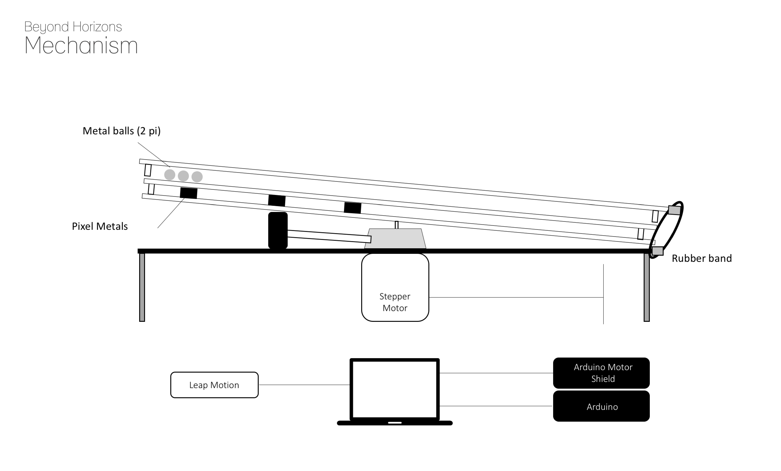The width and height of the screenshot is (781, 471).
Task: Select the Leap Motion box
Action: (214, 385)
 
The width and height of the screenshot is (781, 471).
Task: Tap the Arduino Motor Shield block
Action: (601, 373)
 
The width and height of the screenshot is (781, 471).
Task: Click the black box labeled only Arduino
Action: (601, 406)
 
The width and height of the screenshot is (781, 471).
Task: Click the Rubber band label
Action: (701, 258)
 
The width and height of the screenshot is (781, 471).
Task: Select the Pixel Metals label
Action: (100, 226)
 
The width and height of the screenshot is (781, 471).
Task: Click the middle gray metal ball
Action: (183, 176)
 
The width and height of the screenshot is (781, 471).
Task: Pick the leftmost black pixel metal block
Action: (189, 193)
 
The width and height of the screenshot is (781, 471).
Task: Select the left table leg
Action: (142, 287)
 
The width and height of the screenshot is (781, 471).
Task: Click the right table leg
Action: (647, 287)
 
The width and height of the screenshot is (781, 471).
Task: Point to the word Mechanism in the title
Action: (81, 45)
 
